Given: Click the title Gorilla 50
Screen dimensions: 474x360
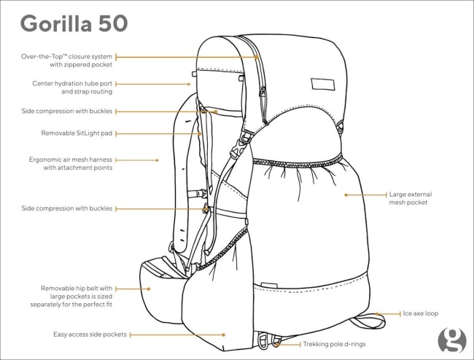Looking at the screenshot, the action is (x=74, y=23).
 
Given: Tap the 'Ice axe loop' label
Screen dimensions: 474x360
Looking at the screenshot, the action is (x=421, y=313).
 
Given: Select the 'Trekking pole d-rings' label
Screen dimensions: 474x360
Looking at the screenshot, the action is (x=334, y=344).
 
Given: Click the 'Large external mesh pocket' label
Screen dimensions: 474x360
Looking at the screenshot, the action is (x=411, y=198).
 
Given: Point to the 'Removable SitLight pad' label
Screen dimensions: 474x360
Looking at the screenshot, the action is (x=77, y=133).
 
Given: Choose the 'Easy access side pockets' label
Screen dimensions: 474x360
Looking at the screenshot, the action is (x=90, y=334).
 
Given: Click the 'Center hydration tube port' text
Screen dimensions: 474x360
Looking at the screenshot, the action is (x=72, y=83).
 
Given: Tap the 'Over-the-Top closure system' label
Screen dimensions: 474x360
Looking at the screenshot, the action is (x=66, y=56).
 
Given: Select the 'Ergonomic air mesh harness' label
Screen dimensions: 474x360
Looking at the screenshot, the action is (x=71, y=160).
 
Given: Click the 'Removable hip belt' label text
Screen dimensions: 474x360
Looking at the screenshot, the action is (x=76, y=288).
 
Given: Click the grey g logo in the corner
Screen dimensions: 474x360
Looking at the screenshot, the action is (x=452, y=340).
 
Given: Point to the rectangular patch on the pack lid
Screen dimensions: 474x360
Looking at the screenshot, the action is (x=323, y=85).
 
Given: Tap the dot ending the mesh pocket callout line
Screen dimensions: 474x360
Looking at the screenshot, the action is (x=346, y=195).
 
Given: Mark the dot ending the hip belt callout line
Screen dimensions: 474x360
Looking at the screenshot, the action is (x=149, y=289).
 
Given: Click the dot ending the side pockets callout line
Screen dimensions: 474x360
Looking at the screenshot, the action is (x=223, y=335).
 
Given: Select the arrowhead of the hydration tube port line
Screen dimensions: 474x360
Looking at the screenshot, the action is (x=190, y=85).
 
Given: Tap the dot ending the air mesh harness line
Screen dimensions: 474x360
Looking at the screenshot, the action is (x=157, y=160).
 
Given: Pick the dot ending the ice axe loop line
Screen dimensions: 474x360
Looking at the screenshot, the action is (x=377, y=314).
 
